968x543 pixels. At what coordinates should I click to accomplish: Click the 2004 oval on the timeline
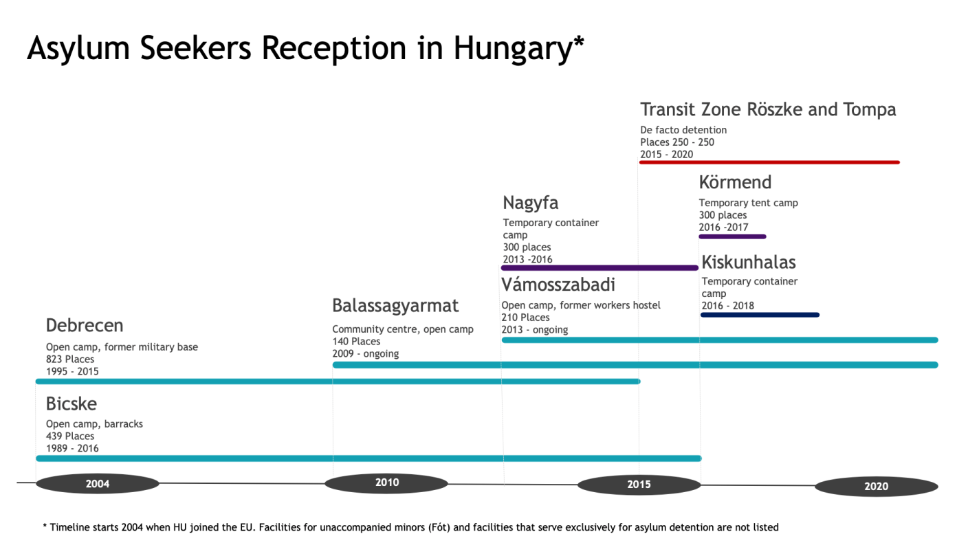(x=97, y=484)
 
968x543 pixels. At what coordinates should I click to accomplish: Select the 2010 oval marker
(x=386, y=483)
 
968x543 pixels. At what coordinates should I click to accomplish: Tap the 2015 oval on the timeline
(x=639, y=485)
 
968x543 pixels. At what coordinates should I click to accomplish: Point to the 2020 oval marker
(x=876, y=487)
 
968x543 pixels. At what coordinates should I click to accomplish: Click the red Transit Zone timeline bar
(x=769, y=162)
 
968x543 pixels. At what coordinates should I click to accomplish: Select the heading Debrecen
(x=85, y=325)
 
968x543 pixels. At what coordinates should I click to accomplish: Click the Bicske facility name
(x=71, y=403)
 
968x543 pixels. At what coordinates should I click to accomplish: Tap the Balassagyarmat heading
(x=395, y=306)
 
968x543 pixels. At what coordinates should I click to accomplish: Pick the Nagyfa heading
(x=530, y=203)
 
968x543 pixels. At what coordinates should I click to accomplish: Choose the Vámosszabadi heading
(x=558, y=285)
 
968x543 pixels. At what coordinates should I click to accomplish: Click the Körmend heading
(x=735, y=182)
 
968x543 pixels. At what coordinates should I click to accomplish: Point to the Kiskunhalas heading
(x=749, y=262)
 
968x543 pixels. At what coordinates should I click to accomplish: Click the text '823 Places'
(x=70, y=359)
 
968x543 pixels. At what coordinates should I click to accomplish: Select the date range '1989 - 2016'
(x=72, y=448)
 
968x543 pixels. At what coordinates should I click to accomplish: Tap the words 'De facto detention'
(x=683, y=130)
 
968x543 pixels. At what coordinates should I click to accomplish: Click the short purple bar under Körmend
(x=732, y=236)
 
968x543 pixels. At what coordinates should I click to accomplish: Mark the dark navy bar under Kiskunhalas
(x=760, y=315)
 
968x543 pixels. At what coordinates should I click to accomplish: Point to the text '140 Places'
(x=356, y=341)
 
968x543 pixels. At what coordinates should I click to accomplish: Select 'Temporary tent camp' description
(x=748, y=203)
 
